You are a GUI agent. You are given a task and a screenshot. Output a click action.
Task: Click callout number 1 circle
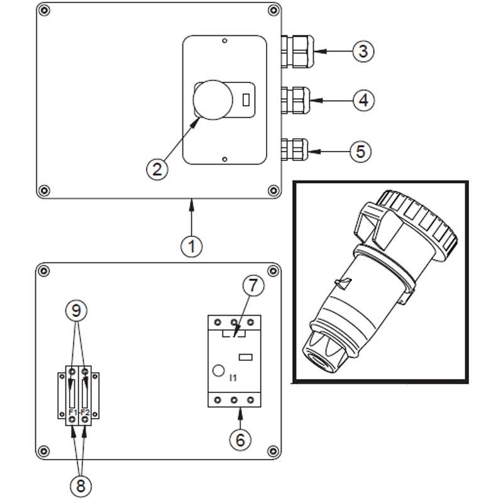192,246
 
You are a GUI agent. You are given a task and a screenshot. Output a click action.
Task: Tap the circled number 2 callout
157,168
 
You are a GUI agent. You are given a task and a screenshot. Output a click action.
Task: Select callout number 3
362,50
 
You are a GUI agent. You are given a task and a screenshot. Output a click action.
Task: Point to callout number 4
362,99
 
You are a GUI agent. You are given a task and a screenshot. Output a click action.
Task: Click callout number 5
360,152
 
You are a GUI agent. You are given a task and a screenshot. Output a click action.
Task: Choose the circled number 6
240,439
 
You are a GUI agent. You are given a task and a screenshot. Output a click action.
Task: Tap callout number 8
79,485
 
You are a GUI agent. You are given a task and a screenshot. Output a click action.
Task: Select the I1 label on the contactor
233,378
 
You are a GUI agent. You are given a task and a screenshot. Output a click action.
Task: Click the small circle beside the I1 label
219,372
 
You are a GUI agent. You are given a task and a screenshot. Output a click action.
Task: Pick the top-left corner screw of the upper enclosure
45,11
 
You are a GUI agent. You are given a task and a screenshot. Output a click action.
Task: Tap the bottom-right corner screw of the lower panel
272,451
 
